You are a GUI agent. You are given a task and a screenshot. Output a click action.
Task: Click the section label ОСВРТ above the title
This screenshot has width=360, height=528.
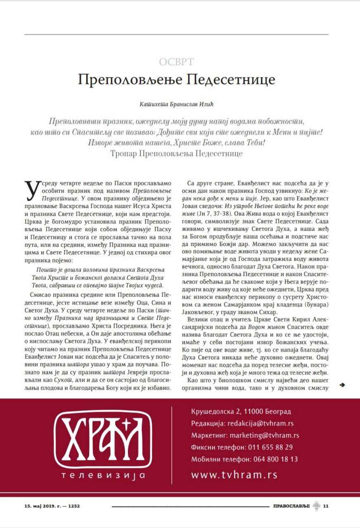coord(177,62)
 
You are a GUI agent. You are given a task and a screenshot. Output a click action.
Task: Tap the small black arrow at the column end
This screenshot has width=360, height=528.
coord(342,385)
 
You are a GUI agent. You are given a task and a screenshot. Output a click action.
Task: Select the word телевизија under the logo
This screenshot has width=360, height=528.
coord(103,475)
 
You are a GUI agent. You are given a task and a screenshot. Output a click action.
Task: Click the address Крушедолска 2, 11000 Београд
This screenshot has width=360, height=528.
coord(241,412)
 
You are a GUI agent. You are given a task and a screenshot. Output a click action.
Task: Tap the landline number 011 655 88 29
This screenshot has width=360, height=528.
coord(270,447)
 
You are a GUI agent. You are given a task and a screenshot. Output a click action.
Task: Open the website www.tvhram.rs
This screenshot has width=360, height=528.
coord(234,475)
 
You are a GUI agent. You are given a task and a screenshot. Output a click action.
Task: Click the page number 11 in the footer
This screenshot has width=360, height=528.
coord(325,506)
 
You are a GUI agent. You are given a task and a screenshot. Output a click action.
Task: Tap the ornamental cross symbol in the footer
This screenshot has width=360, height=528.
coord(316,506)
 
